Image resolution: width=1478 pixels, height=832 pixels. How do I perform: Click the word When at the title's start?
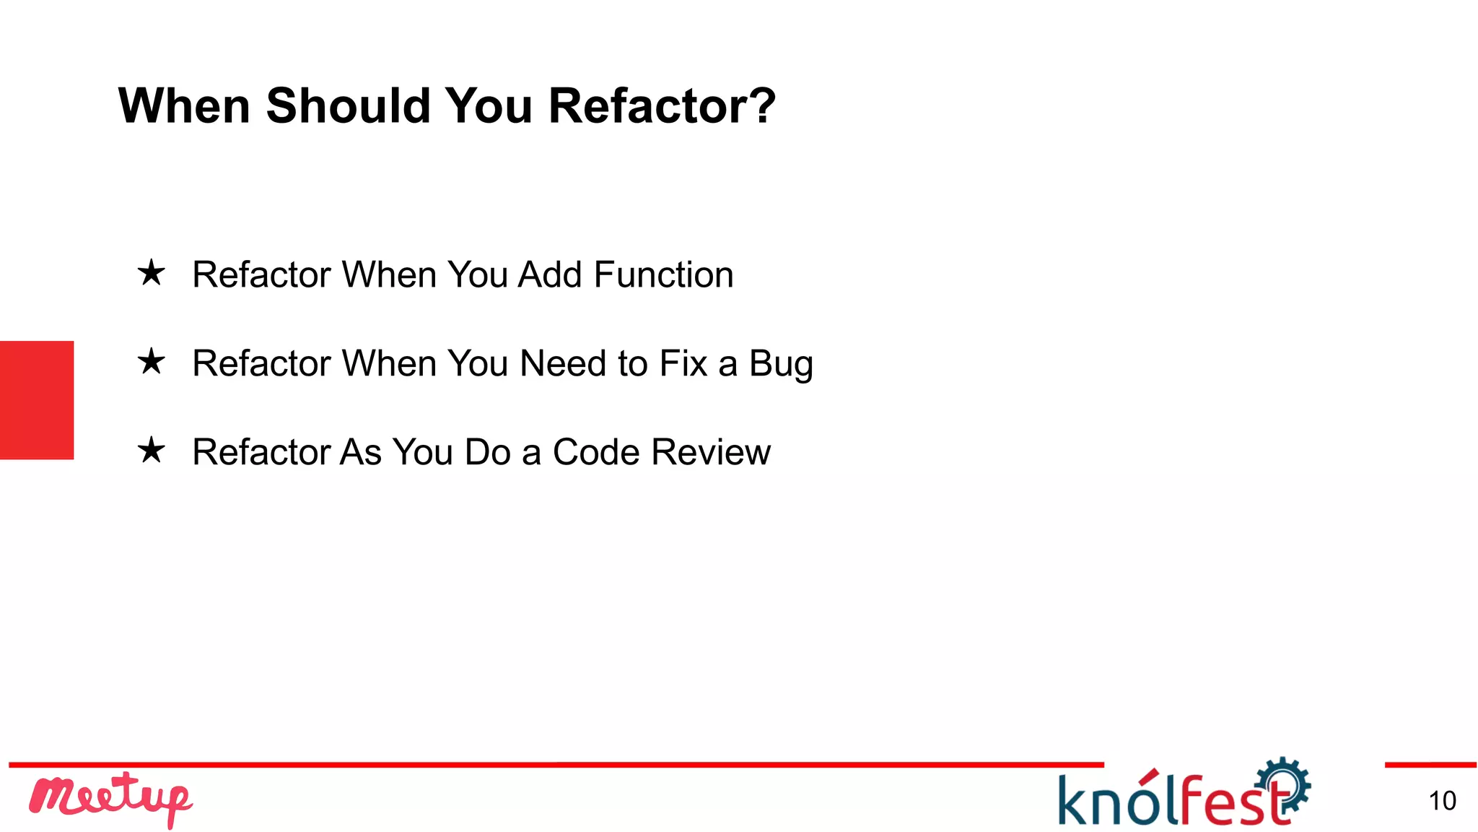coord(184,105)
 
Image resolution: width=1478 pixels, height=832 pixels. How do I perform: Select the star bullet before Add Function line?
coord(152,273)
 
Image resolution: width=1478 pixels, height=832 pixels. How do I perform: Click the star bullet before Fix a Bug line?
coord(152,361)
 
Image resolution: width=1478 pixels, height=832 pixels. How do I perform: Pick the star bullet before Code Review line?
coord(152,450)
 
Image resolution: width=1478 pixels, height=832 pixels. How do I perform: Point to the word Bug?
coord(781,364)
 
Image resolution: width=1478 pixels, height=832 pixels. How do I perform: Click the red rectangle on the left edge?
coord(37,399)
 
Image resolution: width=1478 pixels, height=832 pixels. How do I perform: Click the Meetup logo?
coord(110,798)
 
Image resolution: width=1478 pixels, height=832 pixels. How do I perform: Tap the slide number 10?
coord(1442,801)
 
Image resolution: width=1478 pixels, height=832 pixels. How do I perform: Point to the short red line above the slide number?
coord(1430,764)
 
